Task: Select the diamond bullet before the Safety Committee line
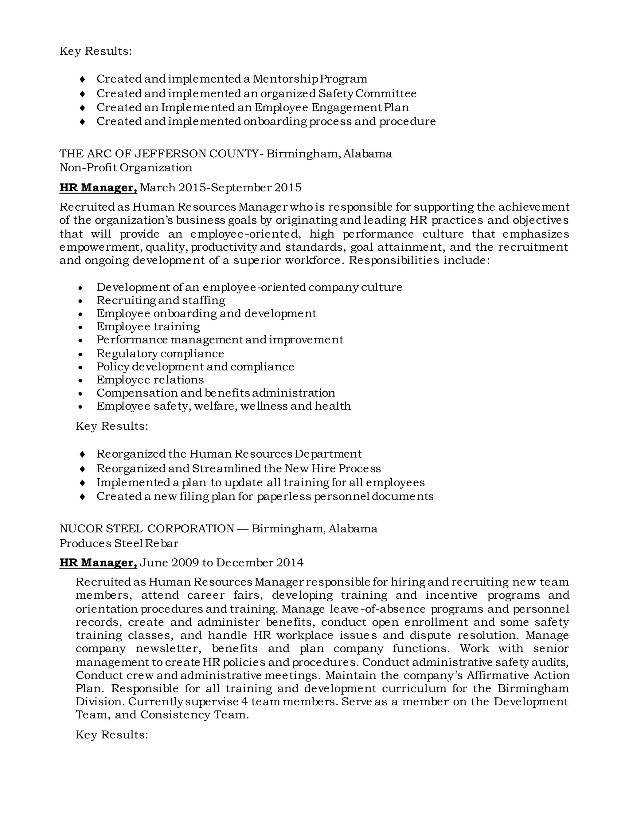tap(82, 94)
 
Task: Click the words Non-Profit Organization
tap(126, 168)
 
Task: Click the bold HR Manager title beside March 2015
tap(98, 187)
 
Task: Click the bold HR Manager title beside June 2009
tap(98, 562)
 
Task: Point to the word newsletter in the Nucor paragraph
tap(168, 648)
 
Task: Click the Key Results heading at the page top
tap(96, 51)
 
